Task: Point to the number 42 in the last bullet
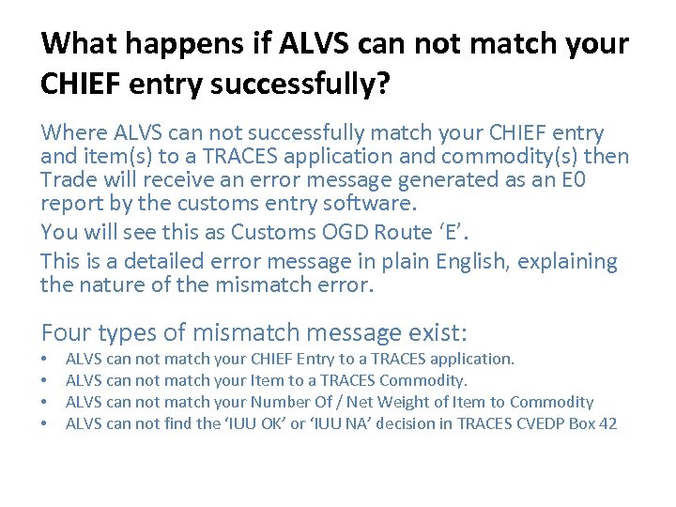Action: [607, 423]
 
